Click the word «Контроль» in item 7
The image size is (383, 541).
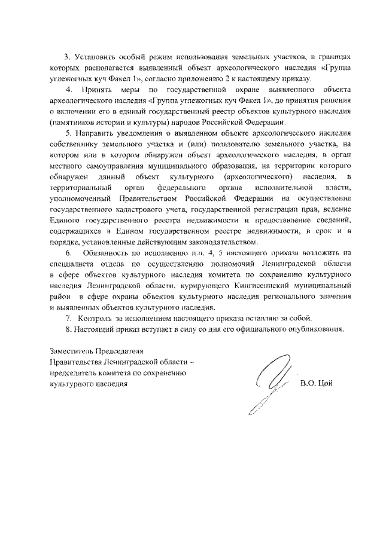tap(95, 318)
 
